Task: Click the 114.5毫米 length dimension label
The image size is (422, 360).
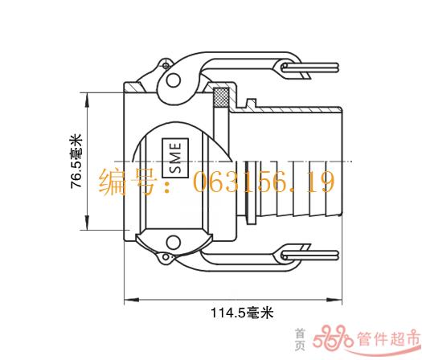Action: [242, 313]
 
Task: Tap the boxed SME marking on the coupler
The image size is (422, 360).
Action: [175, 157]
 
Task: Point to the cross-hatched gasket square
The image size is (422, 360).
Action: [221, 97]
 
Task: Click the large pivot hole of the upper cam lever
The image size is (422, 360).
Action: [173, 80]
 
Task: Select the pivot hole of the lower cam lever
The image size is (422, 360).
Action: [173, 242]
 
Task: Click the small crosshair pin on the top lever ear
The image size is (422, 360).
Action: [166, 65]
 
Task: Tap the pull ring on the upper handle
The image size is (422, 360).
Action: [309, 67]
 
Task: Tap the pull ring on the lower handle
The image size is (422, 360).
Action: [309, 255]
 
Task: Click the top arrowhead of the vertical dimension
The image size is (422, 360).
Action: [87, 100]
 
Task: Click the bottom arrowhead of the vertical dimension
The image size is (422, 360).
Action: [87, 223]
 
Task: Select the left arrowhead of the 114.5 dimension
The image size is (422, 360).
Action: [132, 299]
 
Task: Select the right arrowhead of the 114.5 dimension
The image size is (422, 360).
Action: [334, 299]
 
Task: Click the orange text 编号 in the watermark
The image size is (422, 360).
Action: [127, 182]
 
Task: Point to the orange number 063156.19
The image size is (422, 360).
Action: [264, 182]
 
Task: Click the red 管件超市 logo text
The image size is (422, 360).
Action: [388, 338]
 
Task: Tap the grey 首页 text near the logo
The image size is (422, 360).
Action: [300, 339]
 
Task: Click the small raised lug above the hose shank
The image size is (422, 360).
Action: [252, 104]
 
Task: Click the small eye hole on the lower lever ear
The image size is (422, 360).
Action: [166, 257]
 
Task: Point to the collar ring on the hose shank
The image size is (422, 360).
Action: [251, 192]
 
